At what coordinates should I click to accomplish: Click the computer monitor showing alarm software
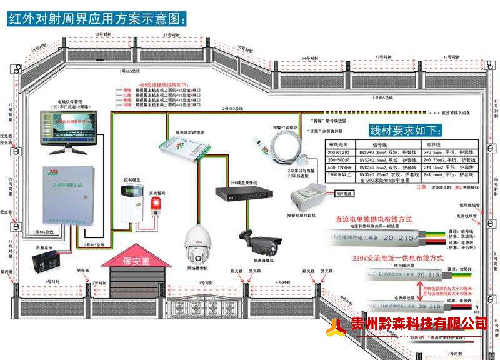pyautogui.click(x=67, y=129)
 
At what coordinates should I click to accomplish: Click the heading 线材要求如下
pyautogui.click(x=406, y=131)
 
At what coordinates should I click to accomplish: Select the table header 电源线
pyautogui.click(x=434, y=143)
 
